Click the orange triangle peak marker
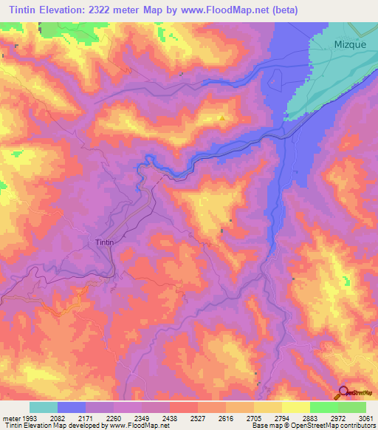click(221, 117)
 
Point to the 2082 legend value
click(57, 418)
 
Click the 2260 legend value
click(114, 418)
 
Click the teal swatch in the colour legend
click(44, 407)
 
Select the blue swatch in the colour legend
click(72, 407)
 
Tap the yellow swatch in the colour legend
click(296, 407)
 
